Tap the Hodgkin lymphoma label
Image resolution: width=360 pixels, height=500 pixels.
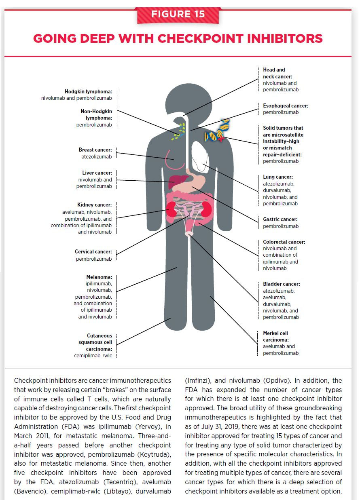(88, 92)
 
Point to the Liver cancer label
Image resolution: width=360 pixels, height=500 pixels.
(97, 173)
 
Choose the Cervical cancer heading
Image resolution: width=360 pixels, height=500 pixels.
(93, 252)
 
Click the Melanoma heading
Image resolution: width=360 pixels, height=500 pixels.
(99, 277)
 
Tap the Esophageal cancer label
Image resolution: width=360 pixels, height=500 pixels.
(285, 106)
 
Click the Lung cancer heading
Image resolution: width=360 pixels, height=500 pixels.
(277, 177)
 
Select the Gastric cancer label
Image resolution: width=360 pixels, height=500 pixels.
(280, 219)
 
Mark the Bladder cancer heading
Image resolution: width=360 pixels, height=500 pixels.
(281, 284)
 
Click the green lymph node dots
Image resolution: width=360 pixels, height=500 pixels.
(180, 131)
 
